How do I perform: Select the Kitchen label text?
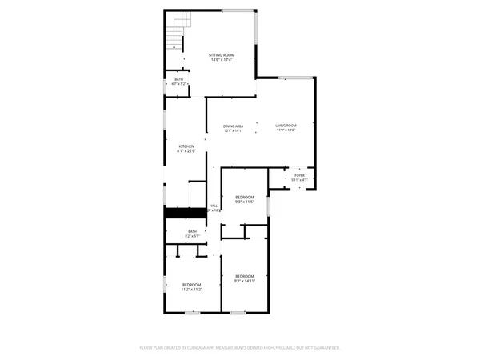[186, 146]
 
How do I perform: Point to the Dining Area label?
[234, 126]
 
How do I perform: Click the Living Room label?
[286, 126]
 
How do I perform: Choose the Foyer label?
[299, 174]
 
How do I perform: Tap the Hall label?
[214, 206]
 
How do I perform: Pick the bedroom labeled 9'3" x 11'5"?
[244, 198]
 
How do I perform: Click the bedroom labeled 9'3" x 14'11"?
[244, 276]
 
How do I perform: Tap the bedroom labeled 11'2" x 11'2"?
[191, 285]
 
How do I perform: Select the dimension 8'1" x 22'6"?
[186, 152]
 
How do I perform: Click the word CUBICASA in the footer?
[198, 348]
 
